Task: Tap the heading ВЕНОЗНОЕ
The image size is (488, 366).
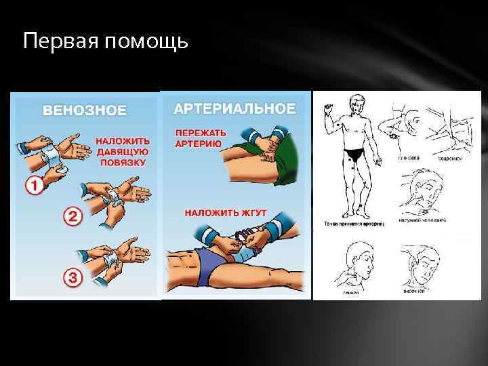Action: tap(85, 110)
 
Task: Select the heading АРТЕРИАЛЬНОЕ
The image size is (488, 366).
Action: tap(235, 108)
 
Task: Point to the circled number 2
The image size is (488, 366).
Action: tap(73, 218)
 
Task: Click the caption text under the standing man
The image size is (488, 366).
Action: tap(350, 224)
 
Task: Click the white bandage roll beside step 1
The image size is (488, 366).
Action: tap(47, 155)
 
